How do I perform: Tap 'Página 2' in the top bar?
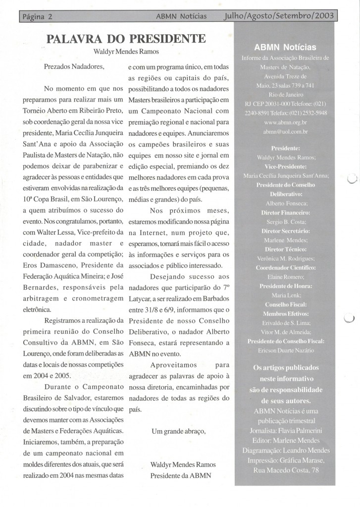38,16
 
